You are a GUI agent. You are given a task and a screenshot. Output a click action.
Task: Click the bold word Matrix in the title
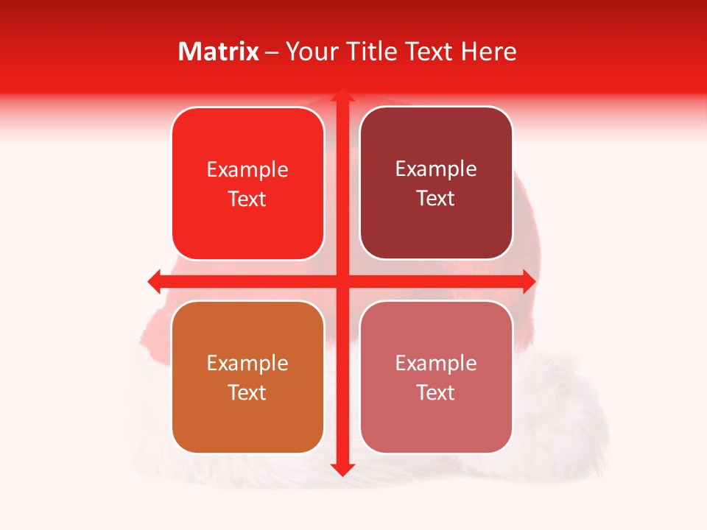pos(219,52)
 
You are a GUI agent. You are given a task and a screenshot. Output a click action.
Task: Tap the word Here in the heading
pos(488,52)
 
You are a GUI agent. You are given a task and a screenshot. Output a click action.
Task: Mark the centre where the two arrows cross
pos(342,281)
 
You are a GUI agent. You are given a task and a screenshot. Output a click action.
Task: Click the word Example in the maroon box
pos(436,169)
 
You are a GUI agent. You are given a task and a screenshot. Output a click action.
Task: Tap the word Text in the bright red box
pos(247,199)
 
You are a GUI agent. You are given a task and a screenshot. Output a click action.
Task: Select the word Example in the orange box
pos(247,363)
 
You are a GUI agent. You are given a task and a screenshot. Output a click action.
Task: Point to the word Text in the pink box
pos(436,393)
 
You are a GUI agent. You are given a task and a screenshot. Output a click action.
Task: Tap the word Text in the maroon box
pos(436,199)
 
